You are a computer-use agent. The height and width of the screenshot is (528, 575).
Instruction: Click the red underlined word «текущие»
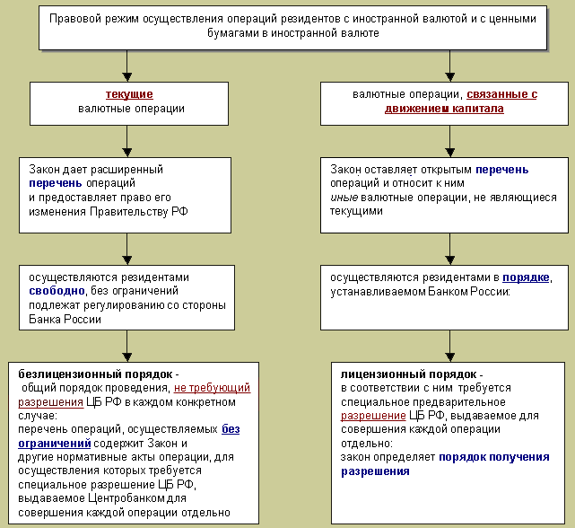(x=129, y=94)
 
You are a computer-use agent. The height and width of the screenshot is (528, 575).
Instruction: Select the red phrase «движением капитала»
(x=444, y=109)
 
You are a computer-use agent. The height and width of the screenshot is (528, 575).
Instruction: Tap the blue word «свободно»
(x=57, y=291)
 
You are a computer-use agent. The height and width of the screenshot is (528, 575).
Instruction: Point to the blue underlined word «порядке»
(x=526, y=277)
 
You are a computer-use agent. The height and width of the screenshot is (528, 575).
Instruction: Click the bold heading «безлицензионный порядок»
(x=95, y=374)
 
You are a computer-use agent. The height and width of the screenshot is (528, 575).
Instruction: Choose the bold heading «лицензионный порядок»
(x=409, y=374)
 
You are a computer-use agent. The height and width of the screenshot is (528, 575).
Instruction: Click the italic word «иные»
(x=344, y=198)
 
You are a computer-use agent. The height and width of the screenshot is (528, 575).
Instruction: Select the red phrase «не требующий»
(x=212, y=388)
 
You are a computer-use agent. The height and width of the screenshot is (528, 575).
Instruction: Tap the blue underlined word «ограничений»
(x=55, y=444)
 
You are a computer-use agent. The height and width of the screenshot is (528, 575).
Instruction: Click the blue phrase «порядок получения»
(x=494, y=457)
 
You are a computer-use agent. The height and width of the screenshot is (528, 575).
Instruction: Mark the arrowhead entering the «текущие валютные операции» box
(x=126, y=77)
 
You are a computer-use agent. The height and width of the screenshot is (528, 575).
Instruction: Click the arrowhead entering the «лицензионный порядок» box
(x=450, y=357)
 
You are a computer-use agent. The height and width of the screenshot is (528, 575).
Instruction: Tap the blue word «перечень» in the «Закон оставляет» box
(x=502, y=170)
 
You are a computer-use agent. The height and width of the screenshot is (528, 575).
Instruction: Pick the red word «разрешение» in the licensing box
(x=373, y=416)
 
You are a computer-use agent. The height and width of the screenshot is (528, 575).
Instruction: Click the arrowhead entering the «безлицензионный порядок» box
(x=126, y=357)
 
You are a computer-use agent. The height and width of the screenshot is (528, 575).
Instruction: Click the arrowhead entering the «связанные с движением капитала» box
(x=450, y=77)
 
